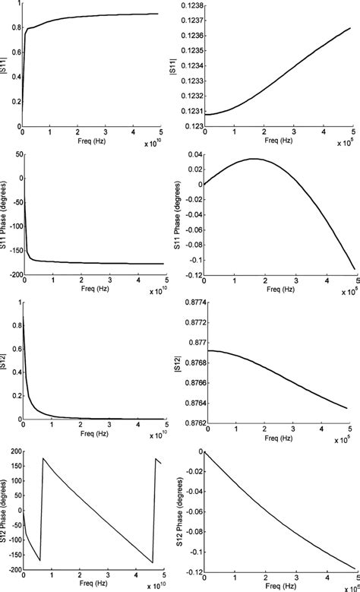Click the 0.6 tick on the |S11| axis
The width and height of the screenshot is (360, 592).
tap(15, 50)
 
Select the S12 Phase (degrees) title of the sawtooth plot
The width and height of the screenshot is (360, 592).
tap(4, 511)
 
